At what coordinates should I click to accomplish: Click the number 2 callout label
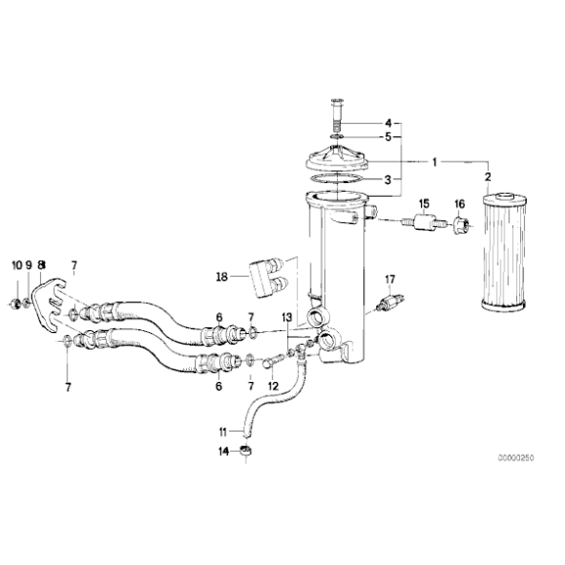coord(488,176)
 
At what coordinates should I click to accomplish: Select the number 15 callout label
coord(425,203)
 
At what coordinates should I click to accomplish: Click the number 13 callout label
coord(286,319)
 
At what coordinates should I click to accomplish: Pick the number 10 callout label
coord(16,265)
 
